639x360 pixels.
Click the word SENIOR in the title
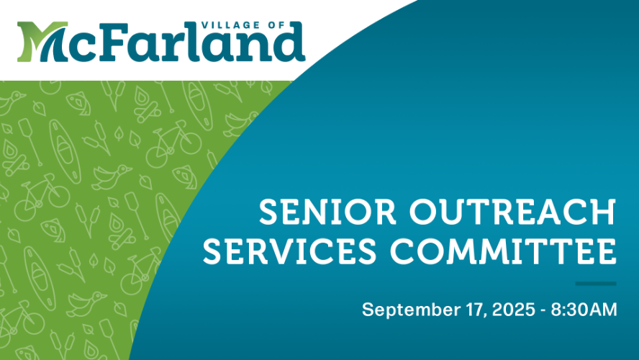coord(327,212)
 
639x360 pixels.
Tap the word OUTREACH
coord(512,212)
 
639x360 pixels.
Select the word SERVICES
coord(290,251)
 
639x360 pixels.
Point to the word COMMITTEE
coord(503,251)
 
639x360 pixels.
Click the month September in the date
coord(411,310)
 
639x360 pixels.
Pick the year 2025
coord(514,310)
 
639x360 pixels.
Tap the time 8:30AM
coord(584,310)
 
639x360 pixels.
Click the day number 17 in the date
coord(475,310)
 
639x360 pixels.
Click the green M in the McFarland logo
coord(41,42)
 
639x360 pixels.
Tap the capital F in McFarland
coord(112,41)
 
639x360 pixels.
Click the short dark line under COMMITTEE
coord(596,284)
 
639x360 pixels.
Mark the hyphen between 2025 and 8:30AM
coord(543,312)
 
